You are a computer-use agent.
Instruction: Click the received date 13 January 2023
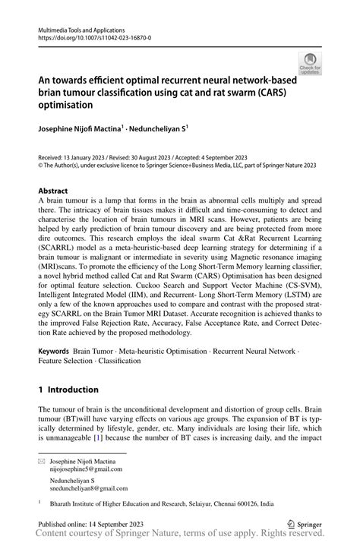point(87,154)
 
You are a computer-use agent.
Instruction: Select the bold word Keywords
point(55,352)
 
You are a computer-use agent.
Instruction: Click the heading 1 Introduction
point(68,390)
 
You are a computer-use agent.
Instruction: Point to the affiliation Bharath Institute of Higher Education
point(129,502)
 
